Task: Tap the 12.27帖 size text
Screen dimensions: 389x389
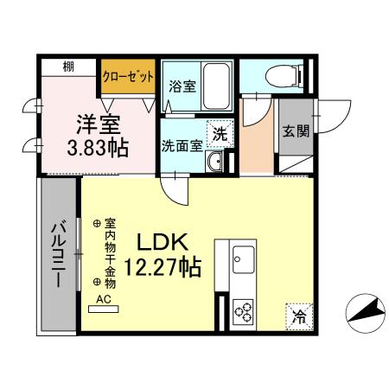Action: click(165, 267)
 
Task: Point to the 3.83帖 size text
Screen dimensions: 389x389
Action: click(97, 148)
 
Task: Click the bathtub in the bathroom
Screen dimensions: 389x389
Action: click(216, 86)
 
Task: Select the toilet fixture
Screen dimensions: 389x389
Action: click(283, 74)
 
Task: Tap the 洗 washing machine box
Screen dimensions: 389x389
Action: click(220, 134)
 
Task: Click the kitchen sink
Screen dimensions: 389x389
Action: click(242, 258)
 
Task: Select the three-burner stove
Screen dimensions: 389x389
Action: click(242, 310)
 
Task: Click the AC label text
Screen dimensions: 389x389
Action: click(105, 299)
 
